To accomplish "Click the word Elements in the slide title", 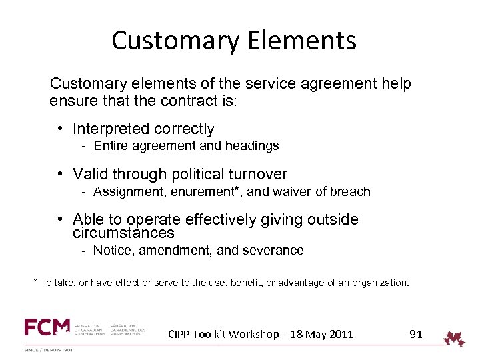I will [x=305, y=41].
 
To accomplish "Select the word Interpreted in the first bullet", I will [x=111, y=129].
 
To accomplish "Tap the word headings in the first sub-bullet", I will [x=253, y=145].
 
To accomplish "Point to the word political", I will [x=196, y=175].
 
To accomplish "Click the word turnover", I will [x=259, y=175].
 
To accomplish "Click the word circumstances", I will [x=123, y=233].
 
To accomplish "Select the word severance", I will [x=276, y=251].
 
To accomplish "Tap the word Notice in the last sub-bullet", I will [x=110, y=251].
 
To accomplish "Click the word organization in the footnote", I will [x=375, y=283].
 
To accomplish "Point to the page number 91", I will [x=416, y=334].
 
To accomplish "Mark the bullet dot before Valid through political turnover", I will [x=60, y=175].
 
